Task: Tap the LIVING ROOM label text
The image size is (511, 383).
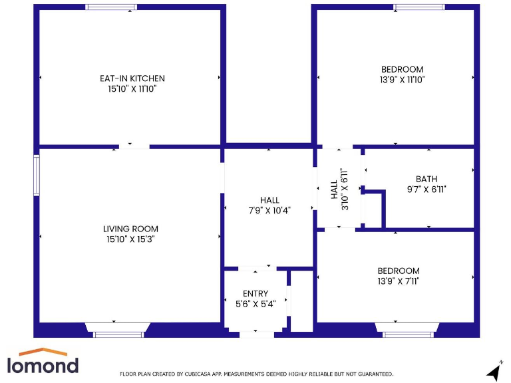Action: coord(130,229)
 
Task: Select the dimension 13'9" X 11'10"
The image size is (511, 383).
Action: coord(402,79)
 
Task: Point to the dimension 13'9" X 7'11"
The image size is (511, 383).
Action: coord(399,281)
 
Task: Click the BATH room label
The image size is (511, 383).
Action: coord(426,179)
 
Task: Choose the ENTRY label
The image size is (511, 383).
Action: coord(255,294)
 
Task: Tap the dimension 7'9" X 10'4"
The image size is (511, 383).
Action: coord(269,209)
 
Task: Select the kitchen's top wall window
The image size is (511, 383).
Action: coord(111,7)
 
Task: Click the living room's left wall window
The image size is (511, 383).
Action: coord(37,176)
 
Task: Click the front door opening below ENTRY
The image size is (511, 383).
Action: coord(256,334)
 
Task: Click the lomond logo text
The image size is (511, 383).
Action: coord(43,365)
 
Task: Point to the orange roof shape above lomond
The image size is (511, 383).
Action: coord(41,352)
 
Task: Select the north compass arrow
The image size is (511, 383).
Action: coord(494,371)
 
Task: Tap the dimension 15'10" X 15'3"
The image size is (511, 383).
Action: coord(130,239)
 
